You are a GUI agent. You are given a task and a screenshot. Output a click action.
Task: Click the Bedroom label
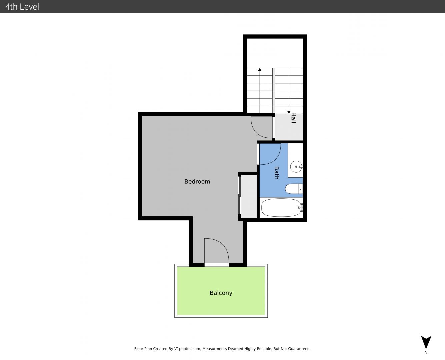pyautogui.click(x=197, y=182)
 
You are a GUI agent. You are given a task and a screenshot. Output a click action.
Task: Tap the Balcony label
pyautogui.click(x=221, y=293)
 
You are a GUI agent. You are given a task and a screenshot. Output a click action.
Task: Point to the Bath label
pyautogui.click(x=277, y=173)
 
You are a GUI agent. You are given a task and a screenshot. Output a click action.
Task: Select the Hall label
pyautogui.click(x=294, y=118)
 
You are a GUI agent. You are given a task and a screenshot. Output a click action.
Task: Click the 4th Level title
pyautogui.click(x=22, y=7)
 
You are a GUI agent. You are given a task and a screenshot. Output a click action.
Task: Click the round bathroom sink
pyautogui.click(x=296, y=167)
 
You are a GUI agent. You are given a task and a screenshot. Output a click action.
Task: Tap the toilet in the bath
pyautogui.click(x=294, y=189)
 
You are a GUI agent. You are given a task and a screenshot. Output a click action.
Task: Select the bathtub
pyautogui.click(x=281, y=208)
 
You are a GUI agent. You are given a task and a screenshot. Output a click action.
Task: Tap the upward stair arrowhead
pyautogui.click(x=260, y=69)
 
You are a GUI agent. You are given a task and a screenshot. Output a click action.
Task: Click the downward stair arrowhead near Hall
pyautogui.click(x=289, y=112)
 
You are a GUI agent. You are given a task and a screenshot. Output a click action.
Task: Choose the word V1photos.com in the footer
pyautogui.click(x=187, y=349)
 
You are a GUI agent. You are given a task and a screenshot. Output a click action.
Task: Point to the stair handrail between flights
pyautogui.click(x=273, y=91)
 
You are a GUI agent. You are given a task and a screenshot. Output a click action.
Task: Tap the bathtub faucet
pyautogui.click(x=301, y=207)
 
